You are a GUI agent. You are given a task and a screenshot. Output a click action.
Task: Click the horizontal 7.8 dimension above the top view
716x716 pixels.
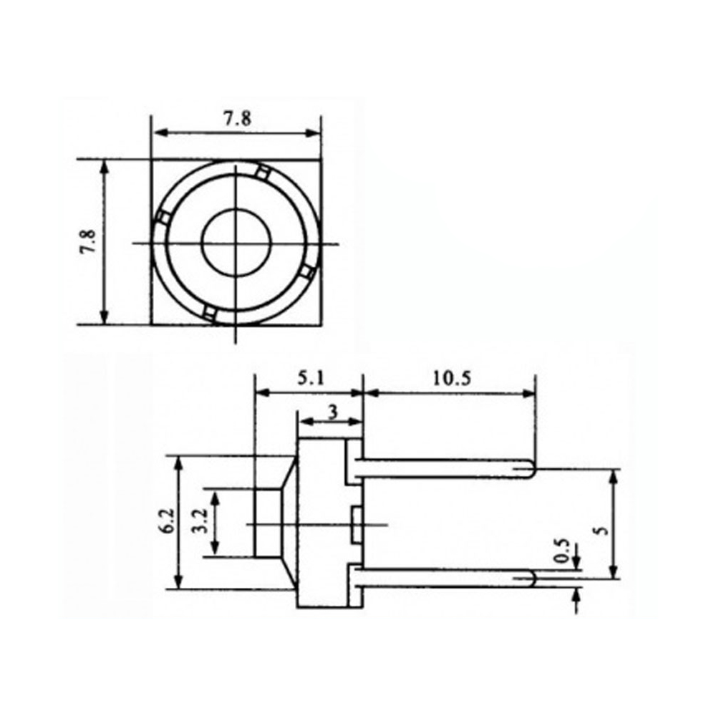(x=236, y=120)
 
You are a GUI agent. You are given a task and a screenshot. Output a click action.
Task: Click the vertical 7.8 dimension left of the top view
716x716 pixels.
(x=87, y=242)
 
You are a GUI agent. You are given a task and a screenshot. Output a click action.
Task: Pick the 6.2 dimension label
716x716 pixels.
(x=166, y=521)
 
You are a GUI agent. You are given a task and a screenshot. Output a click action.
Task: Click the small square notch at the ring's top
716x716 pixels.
(x=263, y=172)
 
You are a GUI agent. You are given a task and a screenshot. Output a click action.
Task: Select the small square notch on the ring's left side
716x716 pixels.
(x=164, y=217)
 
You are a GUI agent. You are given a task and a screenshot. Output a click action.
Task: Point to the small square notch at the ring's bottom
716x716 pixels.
(x=209, y=313)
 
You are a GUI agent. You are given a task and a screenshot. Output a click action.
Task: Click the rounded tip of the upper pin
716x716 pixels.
(x=529, y=469)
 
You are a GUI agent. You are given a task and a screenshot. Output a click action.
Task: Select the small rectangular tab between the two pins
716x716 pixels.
(x=356, y=524)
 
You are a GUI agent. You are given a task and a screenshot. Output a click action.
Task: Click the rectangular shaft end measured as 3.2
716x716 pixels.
(x=268, y=522)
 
